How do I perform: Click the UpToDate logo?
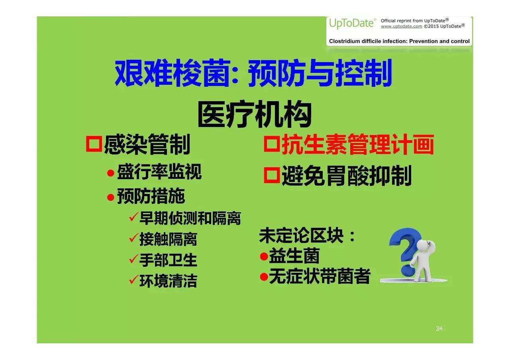(352, 23)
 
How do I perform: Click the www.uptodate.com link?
(401, 26)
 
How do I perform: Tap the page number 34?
(439, 329)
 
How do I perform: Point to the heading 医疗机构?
(255, 114)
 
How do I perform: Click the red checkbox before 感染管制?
(94, 144)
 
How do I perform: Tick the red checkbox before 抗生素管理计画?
(272, 143)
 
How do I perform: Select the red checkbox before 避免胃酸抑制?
(272, 175)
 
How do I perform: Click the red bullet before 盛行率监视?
(111, 173)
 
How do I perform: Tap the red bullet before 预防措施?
(111, 197)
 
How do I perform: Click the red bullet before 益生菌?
(264, 256)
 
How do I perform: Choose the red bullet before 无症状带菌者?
(264, 277)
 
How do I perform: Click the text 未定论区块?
(301, 235)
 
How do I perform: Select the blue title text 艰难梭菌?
(172, 73)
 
